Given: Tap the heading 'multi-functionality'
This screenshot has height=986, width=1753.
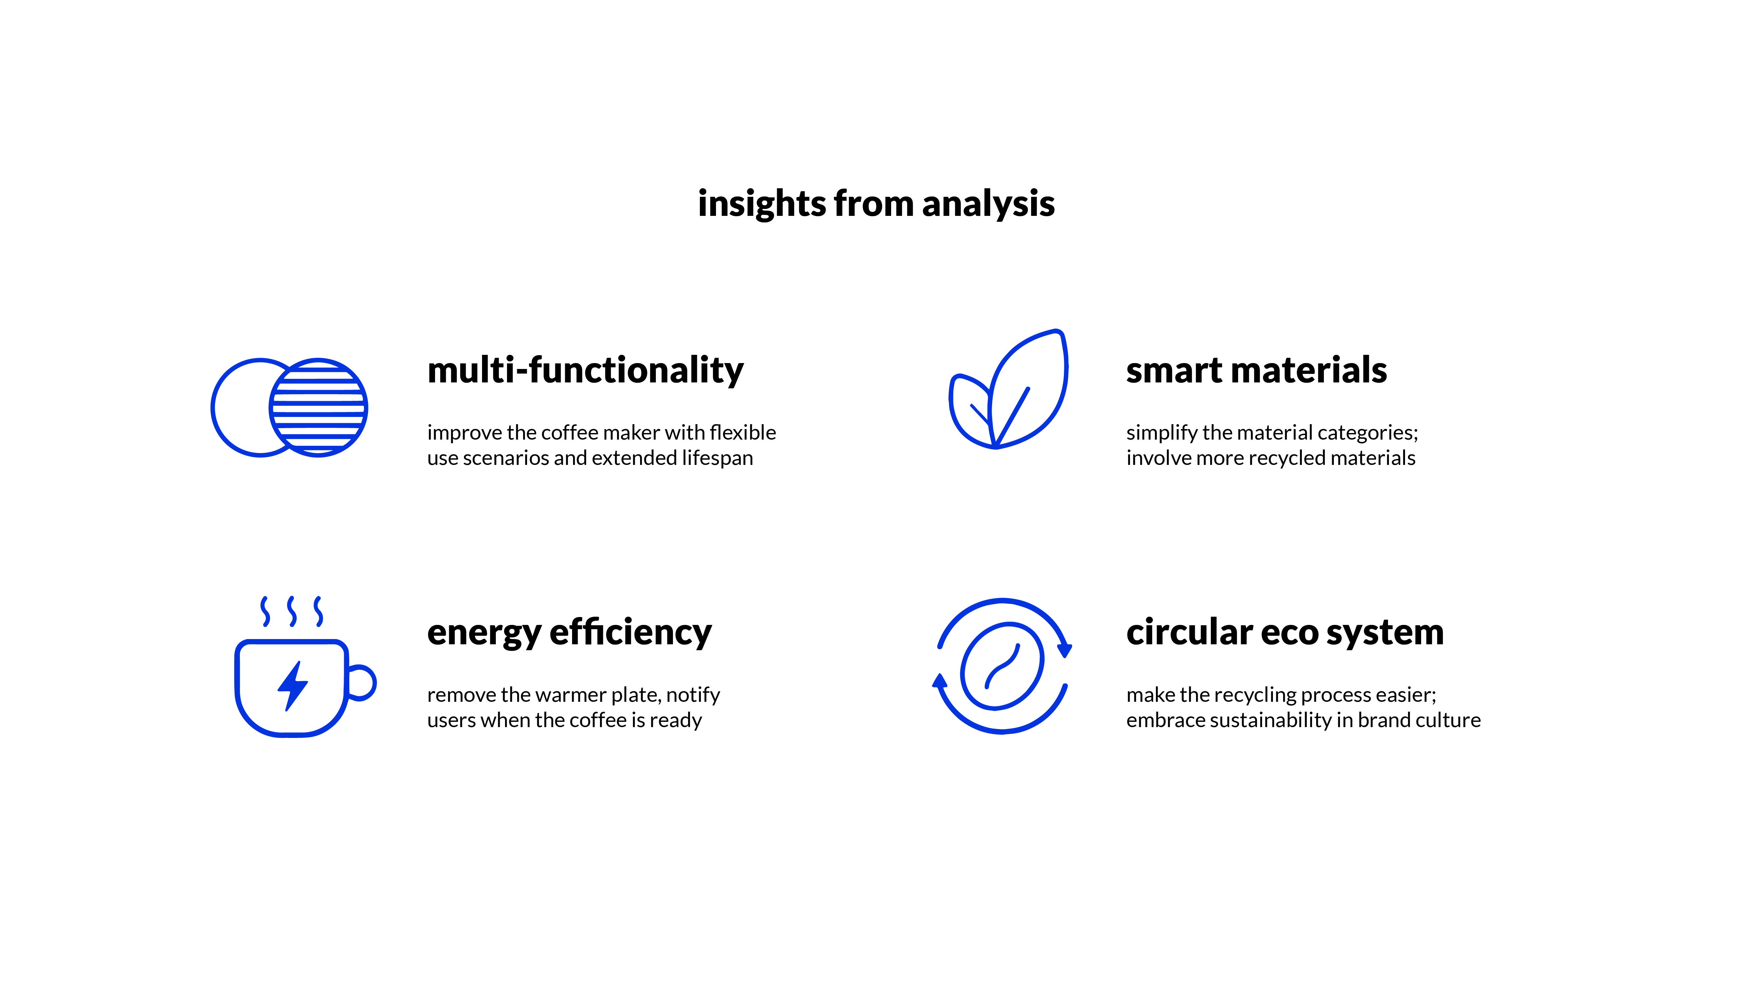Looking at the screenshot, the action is tap(585, 371).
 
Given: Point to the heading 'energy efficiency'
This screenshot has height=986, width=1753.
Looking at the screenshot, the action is tap(569, 633).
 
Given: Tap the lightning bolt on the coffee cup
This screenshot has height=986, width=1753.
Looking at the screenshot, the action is tap(293, 686).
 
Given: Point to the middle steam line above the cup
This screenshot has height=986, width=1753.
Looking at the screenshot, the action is tap(292, 611).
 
